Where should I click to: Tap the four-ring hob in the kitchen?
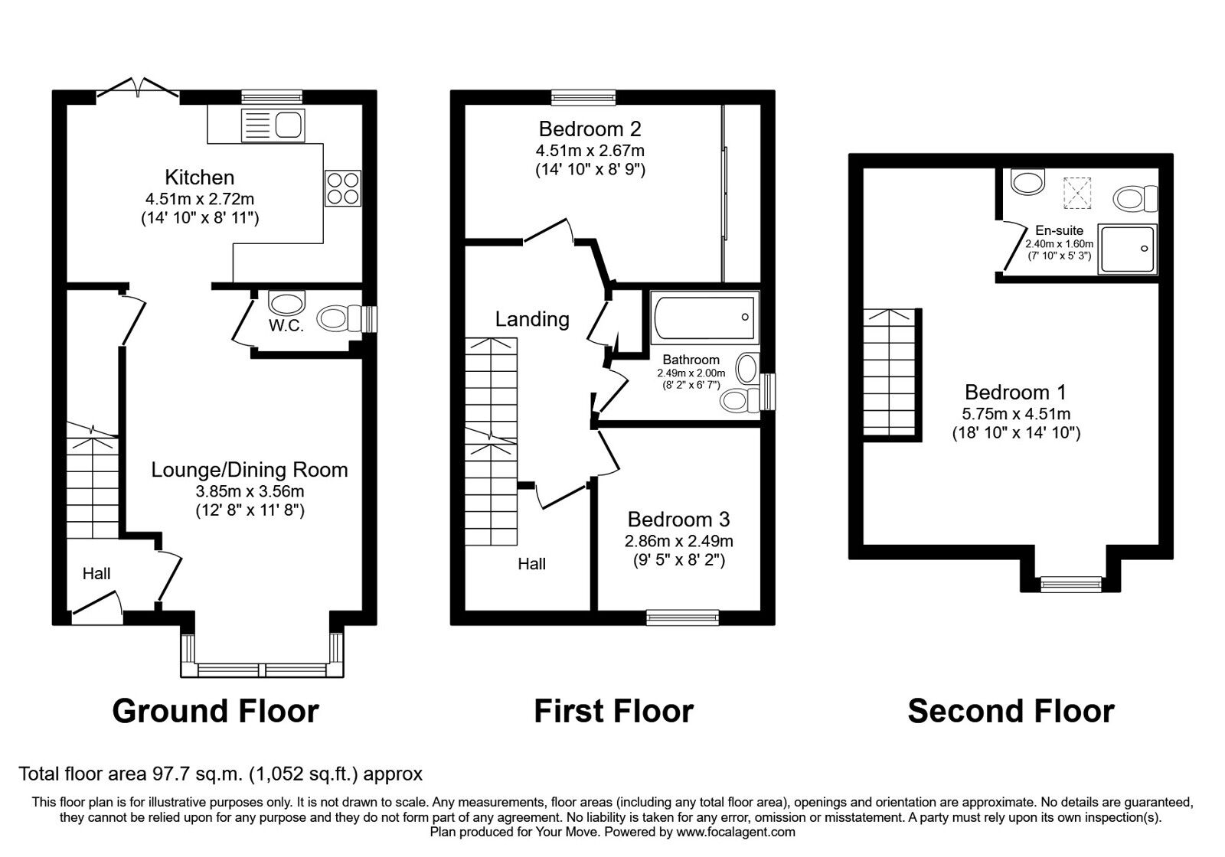pyautogui.click(x=342, y=187)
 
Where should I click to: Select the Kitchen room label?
pyautogui.click(x=200, y=178)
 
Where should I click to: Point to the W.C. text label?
pyautogui.click(x=286, y=326)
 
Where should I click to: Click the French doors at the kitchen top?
pyautogui.click(x=138, y=88)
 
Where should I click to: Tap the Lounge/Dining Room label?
pyautogui.click(x=249, y=470)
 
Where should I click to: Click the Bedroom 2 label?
pyautogui.click(x=590, y=129)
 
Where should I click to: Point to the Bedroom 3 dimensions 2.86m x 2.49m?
pyautogui.click(x=678, y=541)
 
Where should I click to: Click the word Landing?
pyautogui.click(x=532, y=319)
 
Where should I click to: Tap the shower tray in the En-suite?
pyautogui.click(x=1128, y=249)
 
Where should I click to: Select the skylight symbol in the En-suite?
pyautogui.click(x=1077, y=192)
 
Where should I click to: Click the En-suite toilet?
pyautogui.click(x=1136, y=200)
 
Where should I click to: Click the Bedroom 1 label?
pyautogui.click(x=1015, y=393)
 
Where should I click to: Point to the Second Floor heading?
pyautogui.click(x=1011, y=711)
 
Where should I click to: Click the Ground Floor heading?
pyautogui.click(x=215, y=711)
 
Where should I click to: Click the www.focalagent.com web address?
pyautogui.click(x=735, y=832)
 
